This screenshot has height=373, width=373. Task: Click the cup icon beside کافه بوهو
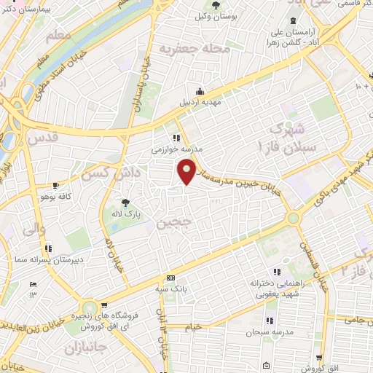pos(57,186)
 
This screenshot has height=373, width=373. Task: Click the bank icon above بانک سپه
pos(171,278)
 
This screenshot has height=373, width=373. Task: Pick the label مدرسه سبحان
pos(274,331)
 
